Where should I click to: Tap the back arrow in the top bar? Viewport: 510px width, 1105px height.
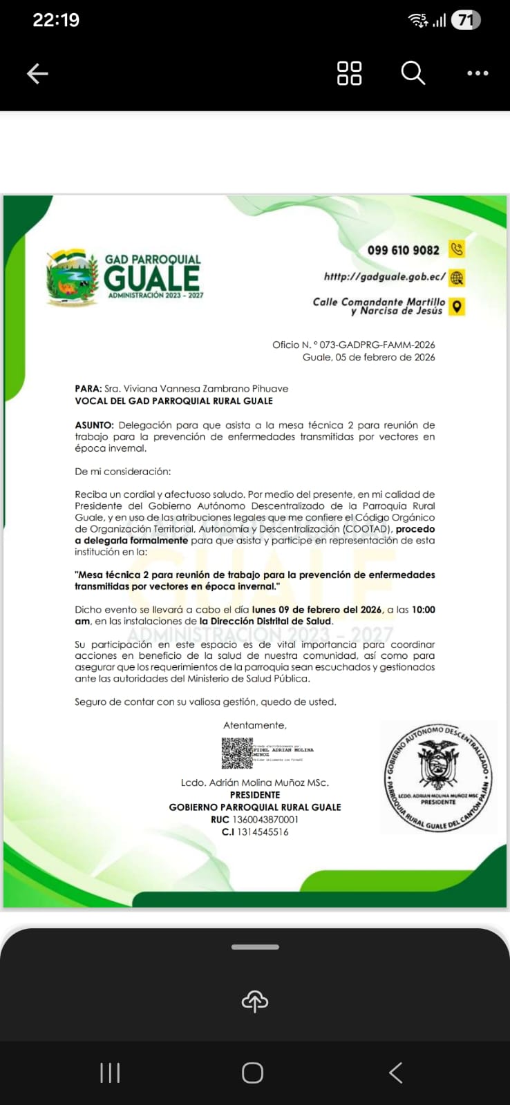[37, 73]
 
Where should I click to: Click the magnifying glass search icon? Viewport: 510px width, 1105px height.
[413, 73]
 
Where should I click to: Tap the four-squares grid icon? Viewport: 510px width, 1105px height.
[349, 73]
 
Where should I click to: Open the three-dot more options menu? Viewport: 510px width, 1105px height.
[478, 73]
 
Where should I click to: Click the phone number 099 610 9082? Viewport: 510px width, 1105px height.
[403, 250]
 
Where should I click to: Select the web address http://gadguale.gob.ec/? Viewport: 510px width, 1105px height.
[384, 277]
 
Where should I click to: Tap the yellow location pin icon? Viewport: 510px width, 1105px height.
[457, 306]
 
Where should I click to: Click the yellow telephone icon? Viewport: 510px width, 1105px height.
[457, 249]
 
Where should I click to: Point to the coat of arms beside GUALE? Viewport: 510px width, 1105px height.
[72, 278]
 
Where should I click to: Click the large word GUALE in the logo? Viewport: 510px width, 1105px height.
[152, 278]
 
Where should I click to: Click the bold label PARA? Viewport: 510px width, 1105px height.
[88, 389]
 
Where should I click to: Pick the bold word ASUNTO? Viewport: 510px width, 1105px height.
[94, 425]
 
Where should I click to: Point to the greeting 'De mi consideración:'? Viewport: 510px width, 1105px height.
[122, 471]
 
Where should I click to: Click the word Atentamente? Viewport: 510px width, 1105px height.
[254, 725]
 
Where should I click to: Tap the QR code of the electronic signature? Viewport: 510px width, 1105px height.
[236, 753]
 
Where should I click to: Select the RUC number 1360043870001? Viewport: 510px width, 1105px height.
[265, 820]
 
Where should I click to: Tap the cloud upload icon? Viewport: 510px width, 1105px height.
[255, 1001]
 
